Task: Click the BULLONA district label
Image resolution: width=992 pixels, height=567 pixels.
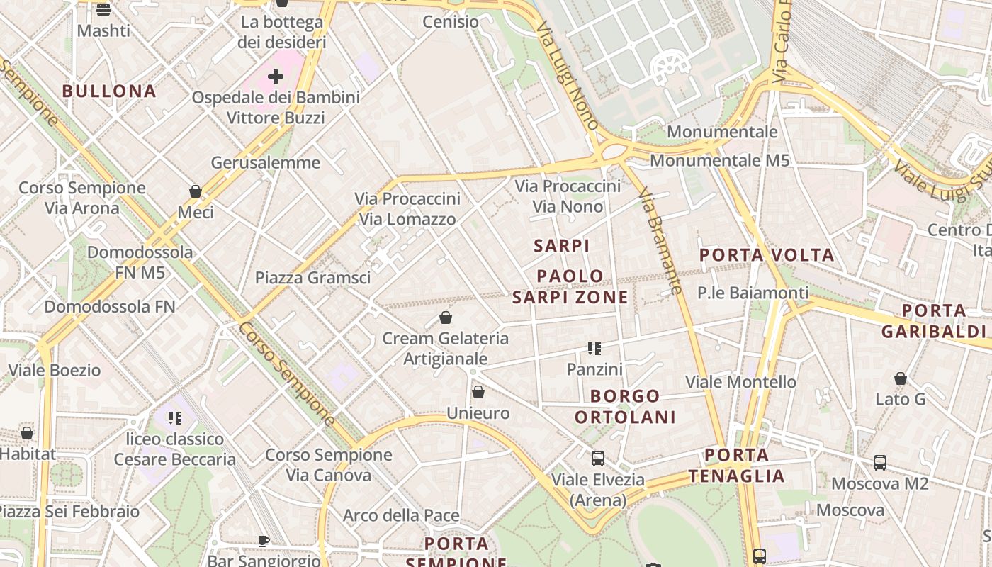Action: (109, 91)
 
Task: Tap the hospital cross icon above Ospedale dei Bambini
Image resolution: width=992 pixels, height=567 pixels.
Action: (276, 77)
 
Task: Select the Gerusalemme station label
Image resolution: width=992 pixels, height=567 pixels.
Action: (266, 162)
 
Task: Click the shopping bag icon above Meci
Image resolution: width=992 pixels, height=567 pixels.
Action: (196, 191)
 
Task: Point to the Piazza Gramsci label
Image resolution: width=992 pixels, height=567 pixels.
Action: (312, 278)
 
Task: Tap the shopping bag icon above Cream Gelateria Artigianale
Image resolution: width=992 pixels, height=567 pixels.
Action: (446, 317)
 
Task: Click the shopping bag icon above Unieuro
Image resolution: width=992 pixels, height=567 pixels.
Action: (478, 392)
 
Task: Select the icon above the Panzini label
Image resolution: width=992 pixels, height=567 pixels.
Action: (594, 348)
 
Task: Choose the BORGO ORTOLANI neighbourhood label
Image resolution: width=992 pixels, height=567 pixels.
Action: (625, 406)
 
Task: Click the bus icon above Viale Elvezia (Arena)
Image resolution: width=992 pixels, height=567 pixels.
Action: (598, 459)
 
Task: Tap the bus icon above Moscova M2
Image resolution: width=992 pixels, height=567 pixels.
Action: (880, 463)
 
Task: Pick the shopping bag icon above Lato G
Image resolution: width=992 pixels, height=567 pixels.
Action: (901, 378)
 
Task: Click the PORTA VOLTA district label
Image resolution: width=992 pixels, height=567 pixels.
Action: (767, 254)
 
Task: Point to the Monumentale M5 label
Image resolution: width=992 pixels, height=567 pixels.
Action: (719, 160)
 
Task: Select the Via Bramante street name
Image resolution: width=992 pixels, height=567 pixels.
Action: (660, 241)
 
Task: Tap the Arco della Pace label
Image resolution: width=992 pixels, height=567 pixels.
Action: (401, 515)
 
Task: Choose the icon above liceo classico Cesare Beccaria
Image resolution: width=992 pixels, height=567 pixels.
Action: (175, 418)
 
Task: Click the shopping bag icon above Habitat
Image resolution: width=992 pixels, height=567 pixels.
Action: (27, 432)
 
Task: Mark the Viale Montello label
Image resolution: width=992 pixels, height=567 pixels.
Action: (740, 382)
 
